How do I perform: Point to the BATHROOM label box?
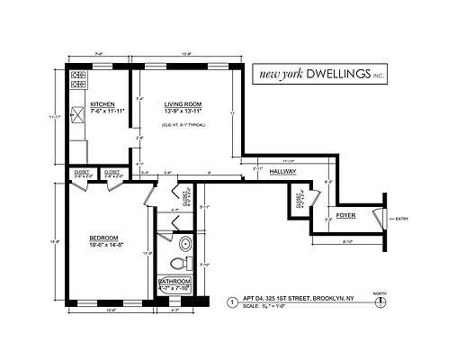pos(175,282)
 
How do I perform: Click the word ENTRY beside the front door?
pos(401,218)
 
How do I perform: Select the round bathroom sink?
pos(185,243)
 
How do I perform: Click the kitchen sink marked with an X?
pos(76,114)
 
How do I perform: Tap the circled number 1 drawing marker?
pos(232,302)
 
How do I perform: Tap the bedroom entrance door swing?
pos(150,195)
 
